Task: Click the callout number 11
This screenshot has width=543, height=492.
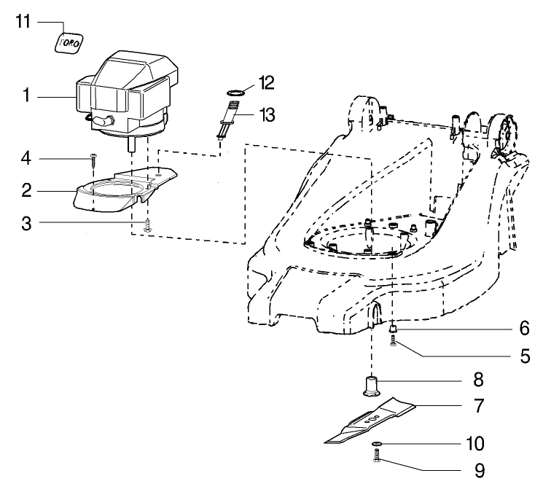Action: tap(24, 21)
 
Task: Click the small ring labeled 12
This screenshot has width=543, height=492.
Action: tap(233, 93)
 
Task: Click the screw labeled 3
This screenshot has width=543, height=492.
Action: tap(147, 224)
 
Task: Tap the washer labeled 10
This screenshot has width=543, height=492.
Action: tap(375, 444)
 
